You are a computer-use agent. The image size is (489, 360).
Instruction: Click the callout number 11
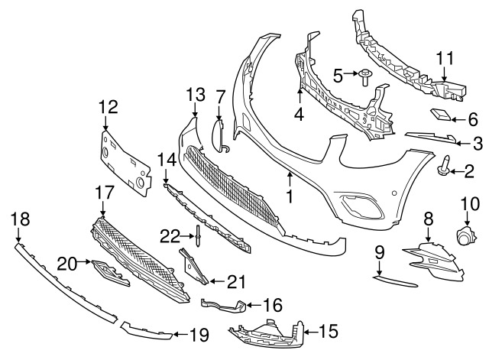(445, 57)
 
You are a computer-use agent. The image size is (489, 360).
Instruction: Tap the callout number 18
(20, 220)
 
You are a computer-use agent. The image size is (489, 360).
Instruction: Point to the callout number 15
(328, 331)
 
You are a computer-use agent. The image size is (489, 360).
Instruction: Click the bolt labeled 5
(364, 76)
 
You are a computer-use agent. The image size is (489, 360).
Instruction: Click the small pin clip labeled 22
(197, 235)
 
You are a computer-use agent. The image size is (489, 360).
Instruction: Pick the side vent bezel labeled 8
(432, 255)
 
